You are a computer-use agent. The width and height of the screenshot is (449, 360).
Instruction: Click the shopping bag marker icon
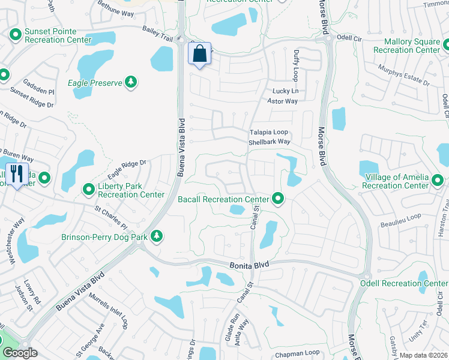click(x=200, y=53)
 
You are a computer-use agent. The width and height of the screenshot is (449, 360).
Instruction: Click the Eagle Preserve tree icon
click(x=131, y=82)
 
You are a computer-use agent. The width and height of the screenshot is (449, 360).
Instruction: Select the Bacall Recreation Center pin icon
click(x=277, y=197)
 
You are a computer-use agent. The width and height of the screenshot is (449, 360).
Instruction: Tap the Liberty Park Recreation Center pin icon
click(x=89, y=190)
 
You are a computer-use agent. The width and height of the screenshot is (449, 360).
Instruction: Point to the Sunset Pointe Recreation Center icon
click(x=16, y=35)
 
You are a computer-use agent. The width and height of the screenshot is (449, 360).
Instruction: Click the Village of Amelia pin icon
click(x=439, y=181)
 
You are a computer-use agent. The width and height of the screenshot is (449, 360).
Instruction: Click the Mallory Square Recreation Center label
click(x=406, y=46)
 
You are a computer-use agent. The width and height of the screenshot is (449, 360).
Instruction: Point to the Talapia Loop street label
click(x=269, y=132)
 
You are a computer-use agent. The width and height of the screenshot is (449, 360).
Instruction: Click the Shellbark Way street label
click(x=270, y=142)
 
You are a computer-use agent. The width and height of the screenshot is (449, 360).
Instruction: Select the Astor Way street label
click(x=282, y=101)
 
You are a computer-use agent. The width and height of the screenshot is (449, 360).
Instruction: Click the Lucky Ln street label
click(x=285, y=91)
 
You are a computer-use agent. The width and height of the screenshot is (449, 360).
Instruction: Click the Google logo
click(x=20, y=353)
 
